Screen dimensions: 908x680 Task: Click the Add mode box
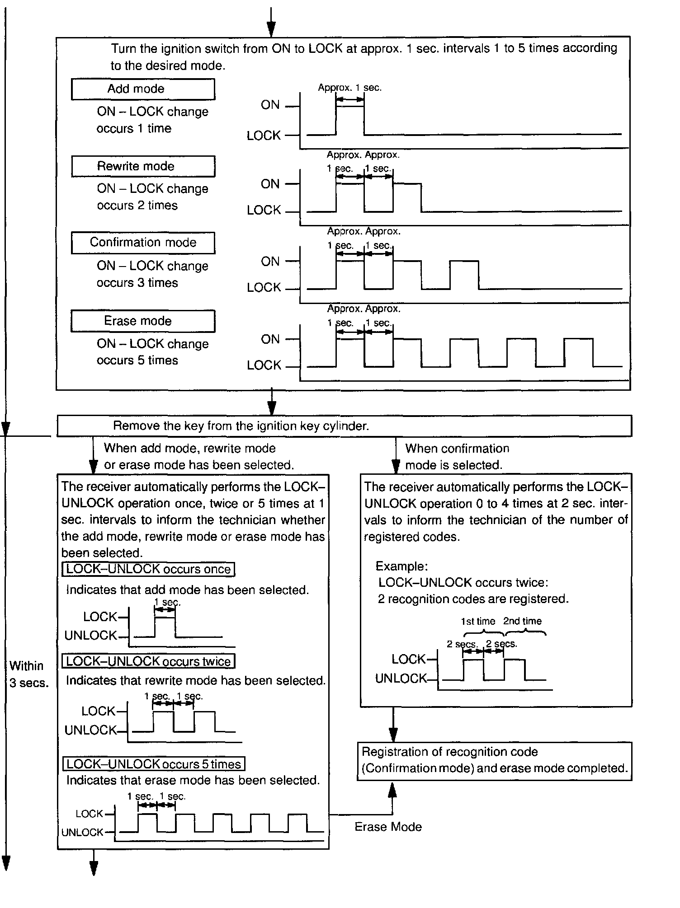(x=143, y=89)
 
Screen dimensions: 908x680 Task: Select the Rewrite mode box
(x=143, y=166)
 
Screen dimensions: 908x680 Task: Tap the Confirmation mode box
(x=143, y=243)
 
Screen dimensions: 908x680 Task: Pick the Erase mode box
(x=143, y=321)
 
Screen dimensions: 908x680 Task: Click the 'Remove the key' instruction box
(x=344, y=426)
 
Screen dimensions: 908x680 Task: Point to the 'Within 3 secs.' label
(x=28, y=674)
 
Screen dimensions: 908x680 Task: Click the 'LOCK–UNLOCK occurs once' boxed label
(x=148, y=569)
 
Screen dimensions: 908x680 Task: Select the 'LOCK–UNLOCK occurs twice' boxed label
(x=148, y=661)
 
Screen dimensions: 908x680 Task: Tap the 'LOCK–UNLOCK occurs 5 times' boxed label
(x=154, y=764)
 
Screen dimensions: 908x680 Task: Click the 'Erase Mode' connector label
(x=388, y=827)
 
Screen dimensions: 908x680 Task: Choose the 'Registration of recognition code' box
(x=494, y=760)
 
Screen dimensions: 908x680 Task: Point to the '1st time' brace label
(x=478, y=621)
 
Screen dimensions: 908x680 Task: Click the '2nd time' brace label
(x=522, y=621)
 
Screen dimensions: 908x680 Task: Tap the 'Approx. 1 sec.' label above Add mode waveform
(x=349, y=88)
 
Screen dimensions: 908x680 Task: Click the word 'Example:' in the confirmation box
(x=401, y=566)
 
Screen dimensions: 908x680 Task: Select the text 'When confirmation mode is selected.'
(x=457, y=457)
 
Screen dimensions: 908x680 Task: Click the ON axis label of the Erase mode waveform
(x=270, y=339)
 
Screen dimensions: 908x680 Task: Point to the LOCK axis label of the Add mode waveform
(x=264, y=136)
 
